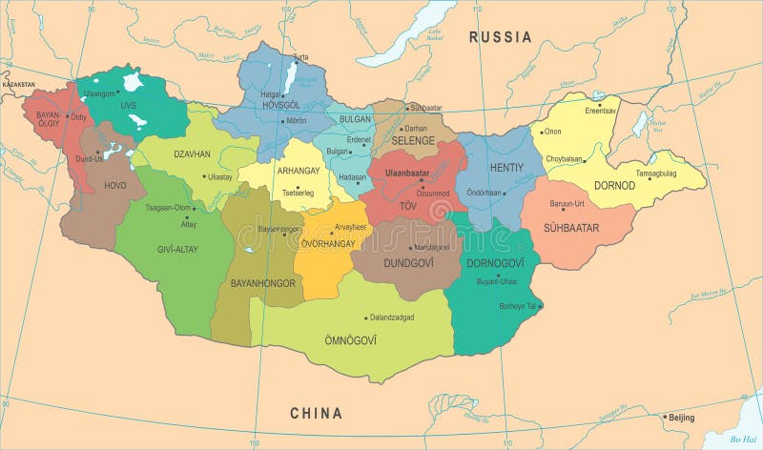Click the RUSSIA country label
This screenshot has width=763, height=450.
pos(499,37)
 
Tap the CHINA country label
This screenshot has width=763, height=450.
pos(316,413)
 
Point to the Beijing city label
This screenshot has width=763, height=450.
pos(681,418)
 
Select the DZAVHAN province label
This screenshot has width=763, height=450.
pos(192,153)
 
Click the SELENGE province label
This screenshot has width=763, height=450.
pos(412,141)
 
